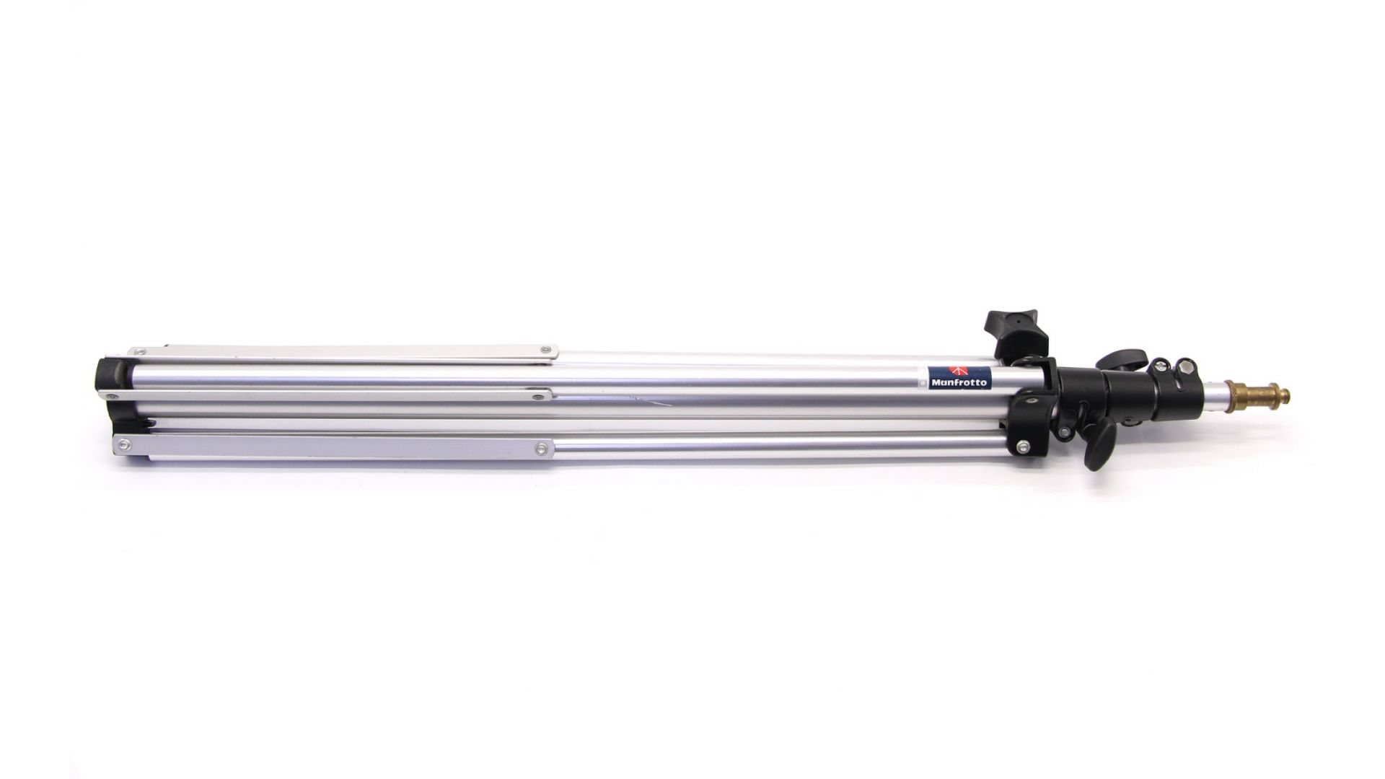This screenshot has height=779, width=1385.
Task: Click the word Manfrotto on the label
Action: pos(959,382)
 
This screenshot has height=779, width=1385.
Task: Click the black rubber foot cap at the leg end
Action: pos(107,375)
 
